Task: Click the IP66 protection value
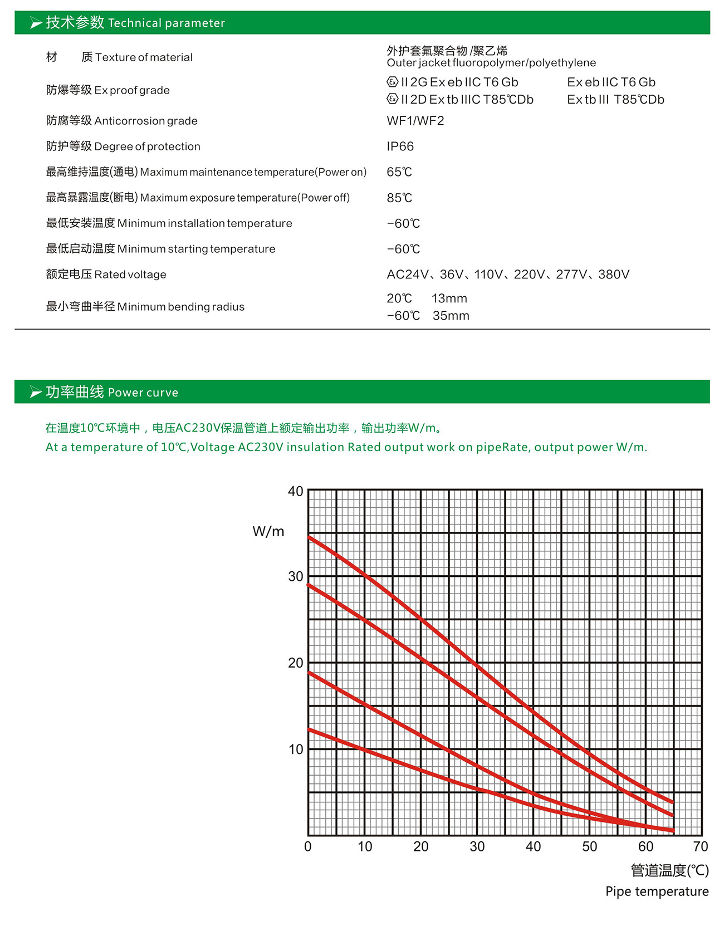point(400,146)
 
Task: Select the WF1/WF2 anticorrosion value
point(415,121)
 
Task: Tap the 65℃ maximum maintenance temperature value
point(399,172)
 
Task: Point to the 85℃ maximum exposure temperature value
point(399,198)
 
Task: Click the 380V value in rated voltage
point(614,275)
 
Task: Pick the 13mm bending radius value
point(449,298)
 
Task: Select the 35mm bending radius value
point(451,316)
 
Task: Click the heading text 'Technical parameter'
point(166,23)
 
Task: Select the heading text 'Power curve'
point(143,393)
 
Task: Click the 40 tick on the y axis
point(295,492)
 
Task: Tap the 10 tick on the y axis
point(295,749)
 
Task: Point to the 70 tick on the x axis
point(700,847)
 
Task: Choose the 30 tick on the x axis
point(477,847)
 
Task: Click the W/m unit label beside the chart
point(268,532)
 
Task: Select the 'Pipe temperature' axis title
point(657,891)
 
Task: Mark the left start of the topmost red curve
point(310,537)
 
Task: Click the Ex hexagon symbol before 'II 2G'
point(393,82)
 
